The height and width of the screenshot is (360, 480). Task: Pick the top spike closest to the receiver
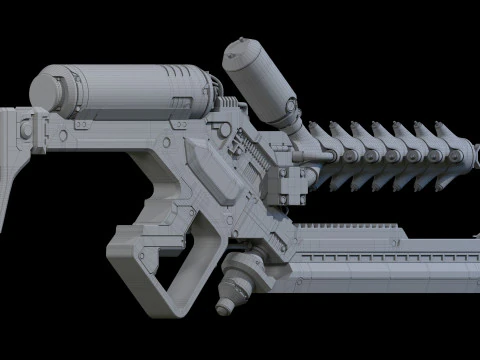click(318, 130)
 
